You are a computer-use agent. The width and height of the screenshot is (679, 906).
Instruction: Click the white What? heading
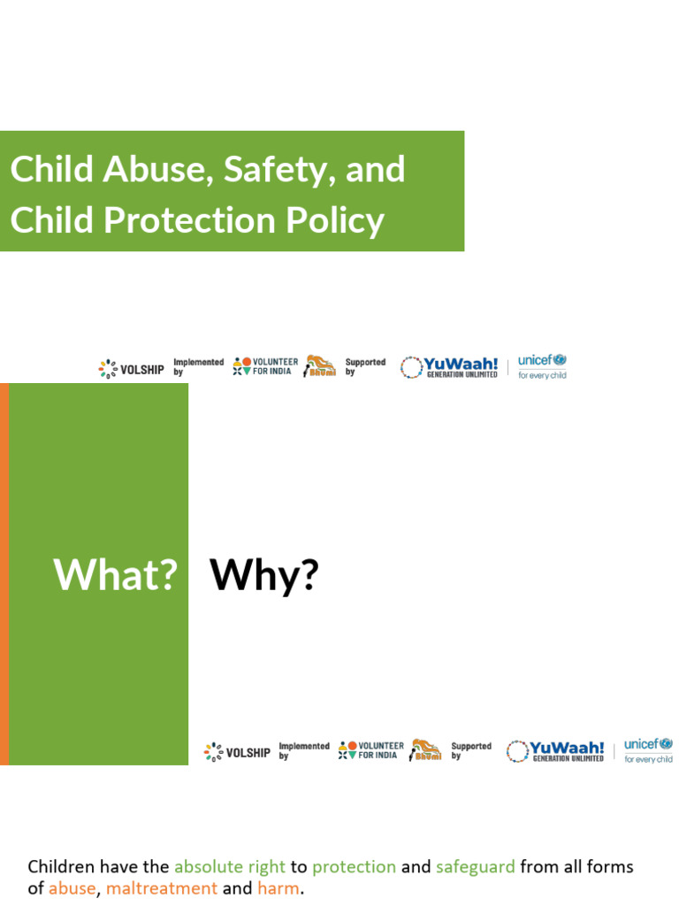116,575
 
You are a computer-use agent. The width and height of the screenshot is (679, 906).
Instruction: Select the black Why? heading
263,575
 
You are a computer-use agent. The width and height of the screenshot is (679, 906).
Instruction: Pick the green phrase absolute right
229,866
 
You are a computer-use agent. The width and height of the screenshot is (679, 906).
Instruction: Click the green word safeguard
475,866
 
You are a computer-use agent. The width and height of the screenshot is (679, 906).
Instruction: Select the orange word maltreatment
161,888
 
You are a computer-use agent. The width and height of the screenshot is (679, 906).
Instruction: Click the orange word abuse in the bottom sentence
72,888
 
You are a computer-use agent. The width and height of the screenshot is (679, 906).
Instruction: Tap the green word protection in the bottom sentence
354,866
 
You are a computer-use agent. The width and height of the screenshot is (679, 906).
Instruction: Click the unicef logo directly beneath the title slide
542,366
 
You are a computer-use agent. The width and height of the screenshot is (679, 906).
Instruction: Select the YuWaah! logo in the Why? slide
555,751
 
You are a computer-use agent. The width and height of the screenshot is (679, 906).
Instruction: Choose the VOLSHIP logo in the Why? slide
237,752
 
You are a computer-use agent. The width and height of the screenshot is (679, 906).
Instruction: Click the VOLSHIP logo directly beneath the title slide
131,369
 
